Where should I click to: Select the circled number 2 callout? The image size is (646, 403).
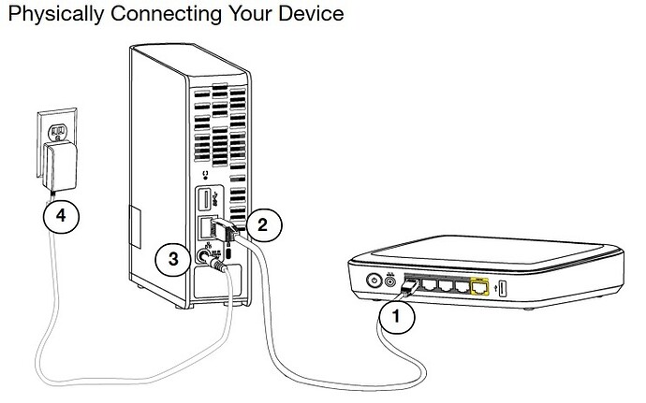pyautogui.click(x=263, y=223)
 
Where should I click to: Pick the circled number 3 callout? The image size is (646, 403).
pyautogui.click(x=172, y=259)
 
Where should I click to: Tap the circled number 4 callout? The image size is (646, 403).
pyautogui.click(x=61, y=215)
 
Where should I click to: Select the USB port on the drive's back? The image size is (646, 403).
pyautogui.click(x=203, y=200)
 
